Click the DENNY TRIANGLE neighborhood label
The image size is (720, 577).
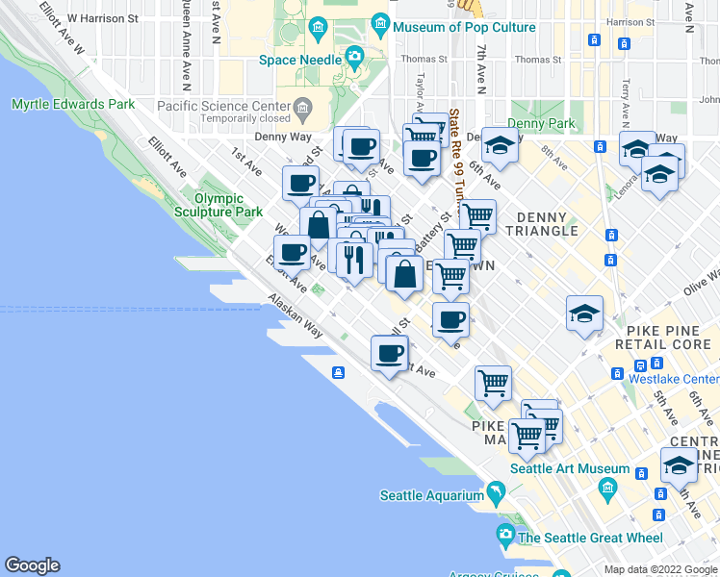pos(548,224)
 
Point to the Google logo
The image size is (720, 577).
pos(32,565)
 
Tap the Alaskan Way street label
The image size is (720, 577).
pos(295,315)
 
